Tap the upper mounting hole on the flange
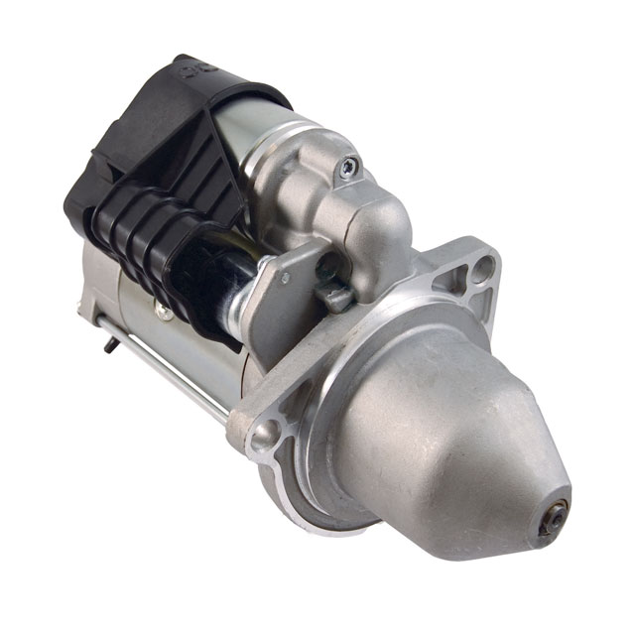coord(483,265)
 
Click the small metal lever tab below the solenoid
coord(338,295)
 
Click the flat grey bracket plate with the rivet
coord(283,298)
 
